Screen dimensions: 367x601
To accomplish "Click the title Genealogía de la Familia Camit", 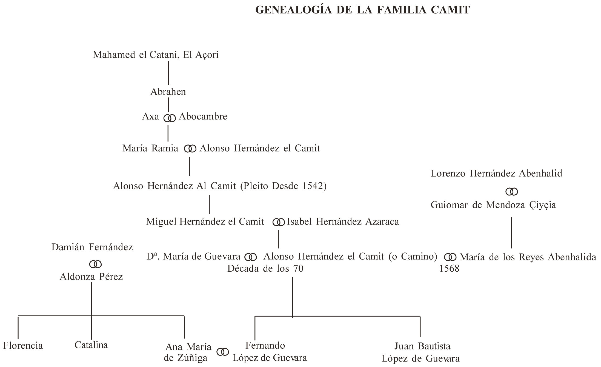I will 362,10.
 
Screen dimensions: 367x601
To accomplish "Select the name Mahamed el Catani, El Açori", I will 156,55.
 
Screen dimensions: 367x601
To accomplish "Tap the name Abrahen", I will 168,92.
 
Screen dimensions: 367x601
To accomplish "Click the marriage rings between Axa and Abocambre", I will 170,118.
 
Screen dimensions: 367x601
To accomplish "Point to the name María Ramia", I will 150,149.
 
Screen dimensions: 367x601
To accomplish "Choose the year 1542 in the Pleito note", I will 313,186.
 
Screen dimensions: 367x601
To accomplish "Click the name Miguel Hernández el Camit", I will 205,221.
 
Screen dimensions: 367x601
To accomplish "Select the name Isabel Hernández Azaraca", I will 343,221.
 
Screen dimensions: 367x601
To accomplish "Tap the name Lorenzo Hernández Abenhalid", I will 496,173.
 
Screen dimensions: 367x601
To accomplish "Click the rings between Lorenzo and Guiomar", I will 511,192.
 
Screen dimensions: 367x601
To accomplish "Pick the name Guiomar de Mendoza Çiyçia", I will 493,205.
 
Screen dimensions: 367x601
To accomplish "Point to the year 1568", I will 449,269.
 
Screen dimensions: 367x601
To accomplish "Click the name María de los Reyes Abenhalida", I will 528,257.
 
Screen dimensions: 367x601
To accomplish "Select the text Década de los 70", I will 265,269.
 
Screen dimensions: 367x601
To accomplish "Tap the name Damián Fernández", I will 92,247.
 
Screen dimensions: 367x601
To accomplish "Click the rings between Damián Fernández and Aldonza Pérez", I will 95,264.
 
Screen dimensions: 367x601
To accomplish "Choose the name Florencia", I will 23,346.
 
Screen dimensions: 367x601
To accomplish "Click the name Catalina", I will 91,345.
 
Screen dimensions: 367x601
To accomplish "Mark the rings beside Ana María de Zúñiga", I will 222,352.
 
